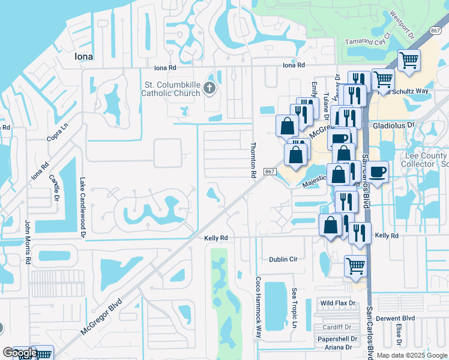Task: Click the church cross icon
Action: (209, 89)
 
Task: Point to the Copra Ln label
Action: (58, 134)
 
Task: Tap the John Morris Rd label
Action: (28, 242)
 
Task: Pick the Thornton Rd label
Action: (253, 160)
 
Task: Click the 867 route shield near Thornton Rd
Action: (270, 172)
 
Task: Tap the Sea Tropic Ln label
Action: (295, 308)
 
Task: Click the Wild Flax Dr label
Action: (337, 303)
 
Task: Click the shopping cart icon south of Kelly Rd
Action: (355, 265)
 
